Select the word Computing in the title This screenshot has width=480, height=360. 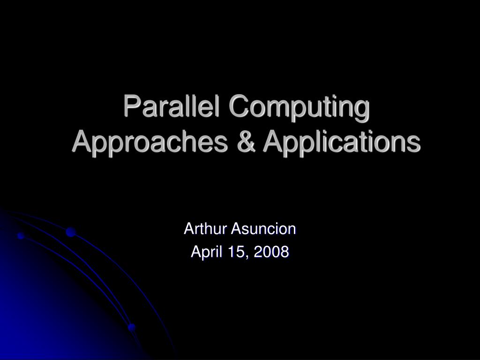[299, 107]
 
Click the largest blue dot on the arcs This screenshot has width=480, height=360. [71, 232]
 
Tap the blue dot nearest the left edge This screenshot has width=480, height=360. [21, 236]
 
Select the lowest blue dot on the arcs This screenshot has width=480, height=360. [132, 327]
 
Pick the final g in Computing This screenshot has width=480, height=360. [361, 109]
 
